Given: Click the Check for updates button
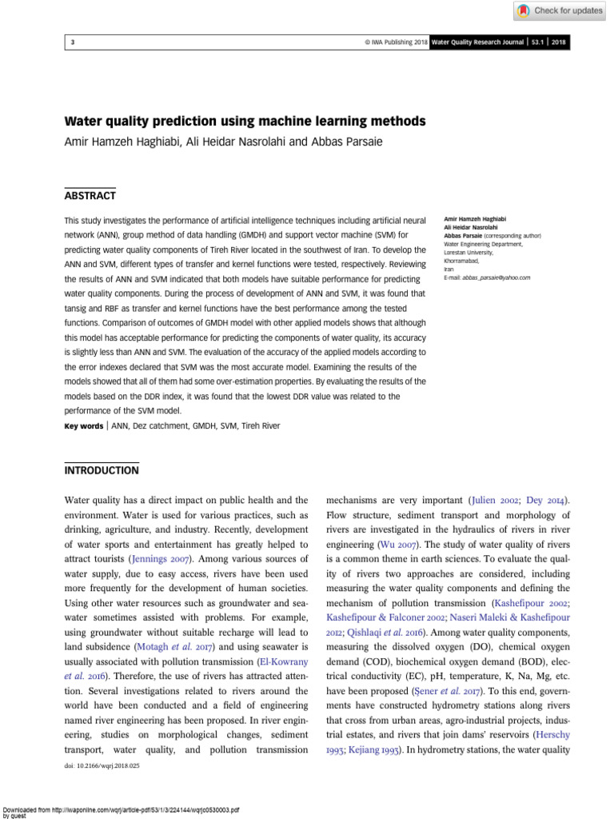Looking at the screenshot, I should point(558,10).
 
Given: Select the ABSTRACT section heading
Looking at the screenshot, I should point(90,195).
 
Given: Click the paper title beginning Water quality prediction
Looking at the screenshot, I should point(245,122).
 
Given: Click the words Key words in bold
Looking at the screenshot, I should point(83,426).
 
